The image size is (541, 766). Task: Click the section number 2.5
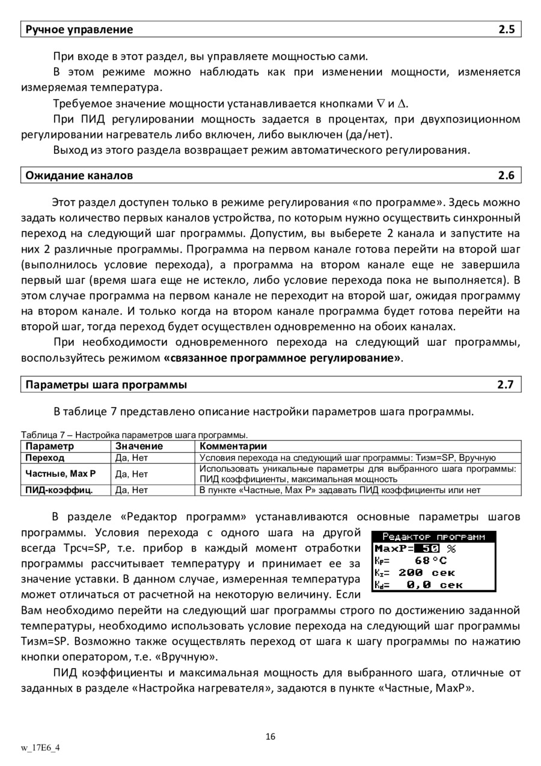click(507, 29)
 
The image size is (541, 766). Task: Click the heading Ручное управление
click(79, 29)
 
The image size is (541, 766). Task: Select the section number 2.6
click(507, 176)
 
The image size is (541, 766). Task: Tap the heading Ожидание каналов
click(79, 176)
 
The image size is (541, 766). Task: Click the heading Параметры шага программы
click(106, 385)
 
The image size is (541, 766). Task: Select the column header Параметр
click(50, 446)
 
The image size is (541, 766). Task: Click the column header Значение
click(139, 446)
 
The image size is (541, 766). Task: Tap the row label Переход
click(45, 458)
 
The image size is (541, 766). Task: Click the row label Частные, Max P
click(61, 474)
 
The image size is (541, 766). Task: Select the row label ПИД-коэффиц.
click(59, 490)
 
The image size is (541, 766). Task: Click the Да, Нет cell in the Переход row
click(131, 458)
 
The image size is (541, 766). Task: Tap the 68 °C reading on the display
click(430, 560)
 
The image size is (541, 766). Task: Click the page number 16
click(270, 737)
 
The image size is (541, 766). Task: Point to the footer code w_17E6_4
click(41, 748)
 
